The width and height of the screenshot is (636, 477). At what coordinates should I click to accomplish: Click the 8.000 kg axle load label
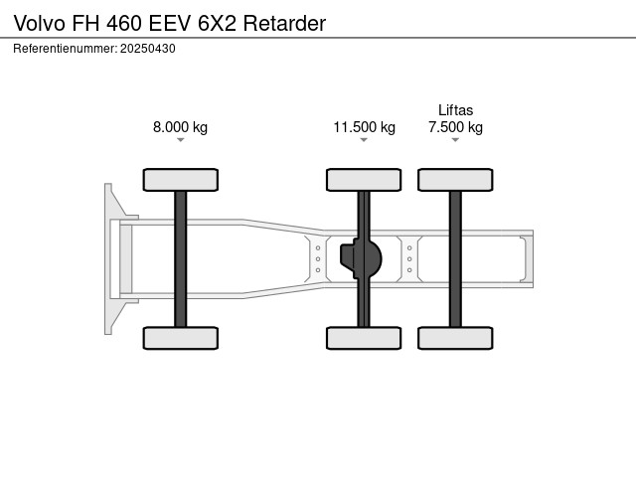[180, 127]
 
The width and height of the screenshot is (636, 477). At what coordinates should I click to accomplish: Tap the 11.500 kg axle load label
[364, 127]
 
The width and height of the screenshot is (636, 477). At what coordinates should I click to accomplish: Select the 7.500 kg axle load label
[455, 127]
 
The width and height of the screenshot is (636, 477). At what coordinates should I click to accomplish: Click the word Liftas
[455, 110]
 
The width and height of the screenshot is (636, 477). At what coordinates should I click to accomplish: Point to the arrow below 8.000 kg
[180, 140]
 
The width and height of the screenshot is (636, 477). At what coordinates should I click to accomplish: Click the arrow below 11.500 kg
[364, 140]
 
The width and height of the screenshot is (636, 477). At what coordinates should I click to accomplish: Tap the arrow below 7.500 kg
[455, 140]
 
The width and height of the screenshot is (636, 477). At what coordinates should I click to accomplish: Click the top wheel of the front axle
[180, 180]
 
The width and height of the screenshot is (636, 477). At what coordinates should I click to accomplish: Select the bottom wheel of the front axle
[180, 338]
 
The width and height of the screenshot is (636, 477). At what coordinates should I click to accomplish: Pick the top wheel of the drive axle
[364, 180]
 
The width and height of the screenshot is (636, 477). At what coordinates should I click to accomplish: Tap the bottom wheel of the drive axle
[364, 338]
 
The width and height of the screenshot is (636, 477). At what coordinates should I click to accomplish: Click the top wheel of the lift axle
[455, 180]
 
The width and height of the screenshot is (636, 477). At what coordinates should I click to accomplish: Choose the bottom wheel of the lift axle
[455, 338]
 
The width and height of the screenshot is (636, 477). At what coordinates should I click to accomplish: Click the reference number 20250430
[148, 48]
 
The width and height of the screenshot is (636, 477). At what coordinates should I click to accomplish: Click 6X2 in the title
[217, 22]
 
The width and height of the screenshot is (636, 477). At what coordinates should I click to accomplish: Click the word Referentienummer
[65, 48]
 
